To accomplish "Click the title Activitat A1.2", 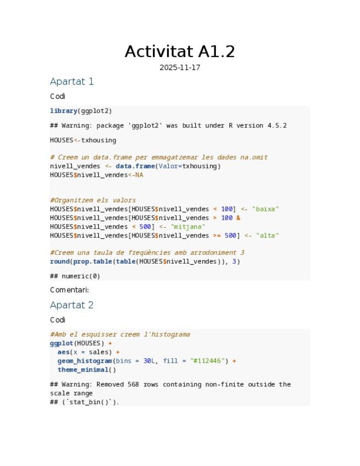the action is point(180,52).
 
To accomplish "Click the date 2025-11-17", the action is point(180,68).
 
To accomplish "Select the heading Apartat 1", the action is point(72,81).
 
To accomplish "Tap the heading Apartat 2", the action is point(72,305).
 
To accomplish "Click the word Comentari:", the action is point(69,290).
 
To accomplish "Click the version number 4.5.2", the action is point(277,126).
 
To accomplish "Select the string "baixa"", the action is point(265,209).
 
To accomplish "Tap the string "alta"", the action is point(268,236).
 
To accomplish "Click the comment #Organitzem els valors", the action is point(93,201).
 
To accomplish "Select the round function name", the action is point(59,262).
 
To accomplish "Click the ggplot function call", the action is point(62,343).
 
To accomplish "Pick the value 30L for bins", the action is point(149,361).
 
